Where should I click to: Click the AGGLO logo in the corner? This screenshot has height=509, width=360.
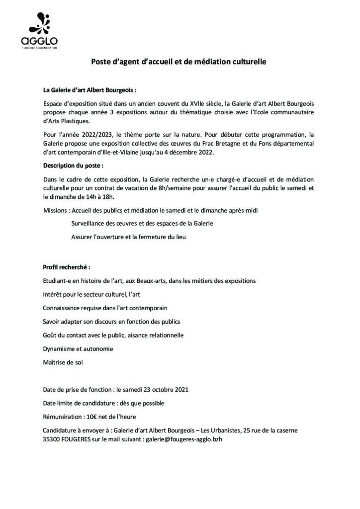[39, 30]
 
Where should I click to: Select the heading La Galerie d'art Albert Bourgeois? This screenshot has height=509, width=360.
[90, 90]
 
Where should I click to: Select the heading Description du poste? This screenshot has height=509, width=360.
[74, 165]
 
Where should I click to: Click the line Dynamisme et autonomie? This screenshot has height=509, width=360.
[78, 348]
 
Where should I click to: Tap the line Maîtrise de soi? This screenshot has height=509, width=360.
[63, 362]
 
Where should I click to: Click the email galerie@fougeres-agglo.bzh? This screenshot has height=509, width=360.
[186, 439]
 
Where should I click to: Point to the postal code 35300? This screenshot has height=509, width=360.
[52, 439]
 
